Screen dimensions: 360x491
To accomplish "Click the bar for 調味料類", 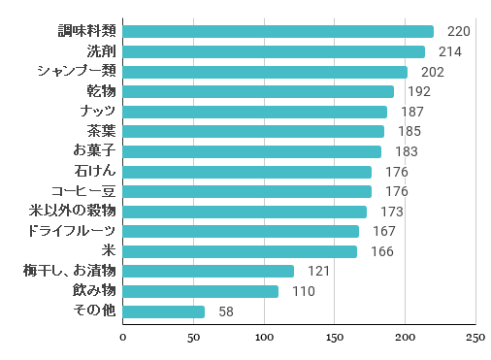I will pos(278,32).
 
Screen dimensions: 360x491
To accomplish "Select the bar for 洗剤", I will pos(275,51).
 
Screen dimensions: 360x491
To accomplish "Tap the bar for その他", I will pos(164,311).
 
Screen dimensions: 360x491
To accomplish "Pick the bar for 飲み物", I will pos(201,291).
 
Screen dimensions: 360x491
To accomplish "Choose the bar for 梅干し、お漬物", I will pos(209,271).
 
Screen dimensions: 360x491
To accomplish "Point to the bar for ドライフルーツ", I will pos(242,231).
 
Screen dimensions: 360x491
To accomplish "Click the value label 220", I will pos(458,32).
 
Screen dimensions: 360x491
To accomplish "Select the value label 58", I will pos(226,311).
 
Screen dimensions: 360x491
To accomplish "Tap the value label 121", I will pos(319,271).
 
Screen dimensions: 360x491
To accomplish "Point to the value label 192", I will pos(418,92).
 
